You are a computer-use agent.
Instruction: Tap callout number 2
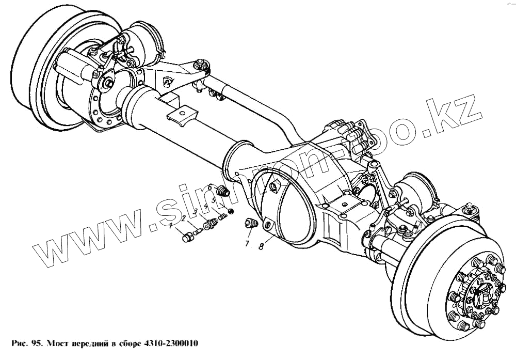pos(183,218)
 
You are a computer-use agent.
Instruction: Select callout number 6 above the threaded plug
pos(210,187)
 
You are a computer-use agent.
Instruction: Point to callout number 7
pos(247,243)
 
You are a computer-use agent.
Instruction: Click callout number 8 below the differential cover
pos(262,247)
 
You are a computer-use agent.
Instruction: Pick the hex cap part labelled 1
pos(188,237)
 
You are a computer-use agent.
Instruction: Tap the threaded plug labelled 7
pos(251,224)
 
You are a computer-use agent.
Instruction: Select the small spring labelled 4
pos(222,217)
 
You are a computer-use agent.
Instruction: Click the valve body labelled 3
pos(209,224)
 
